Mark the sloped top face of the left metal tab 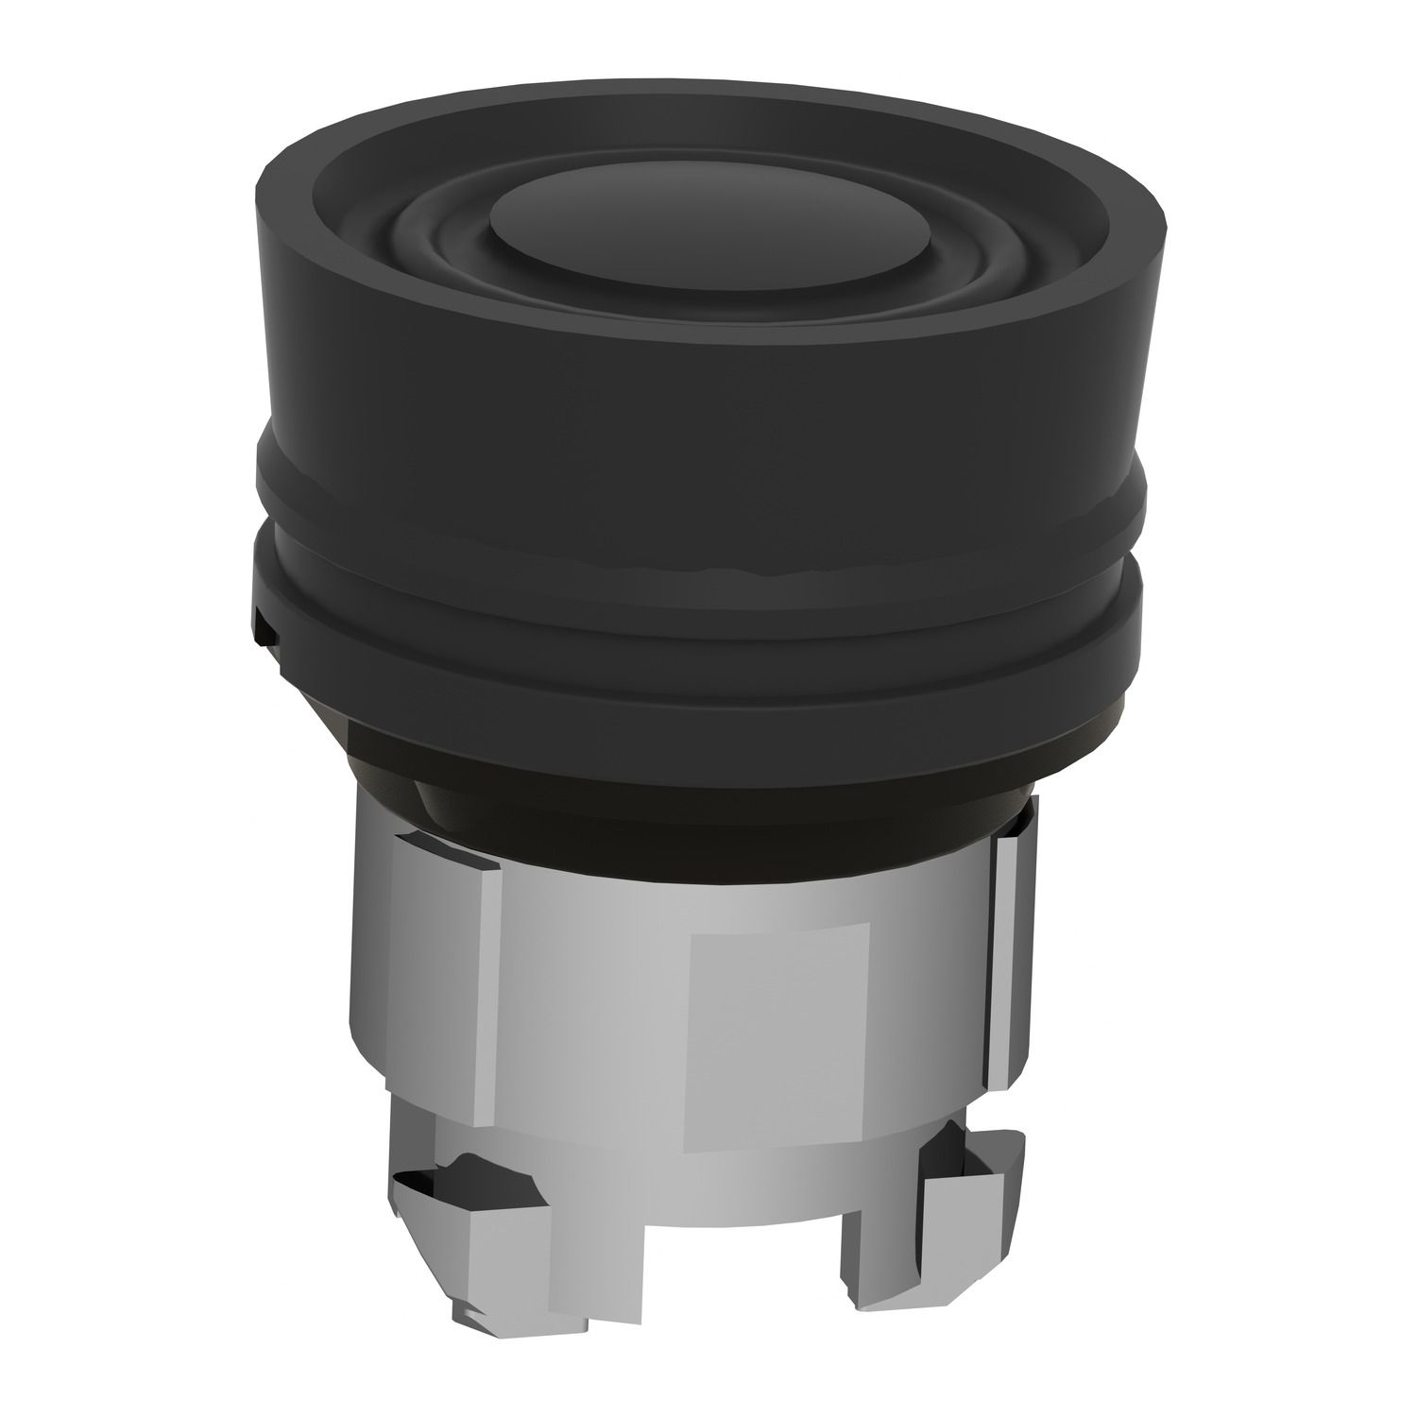(444, 850)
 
